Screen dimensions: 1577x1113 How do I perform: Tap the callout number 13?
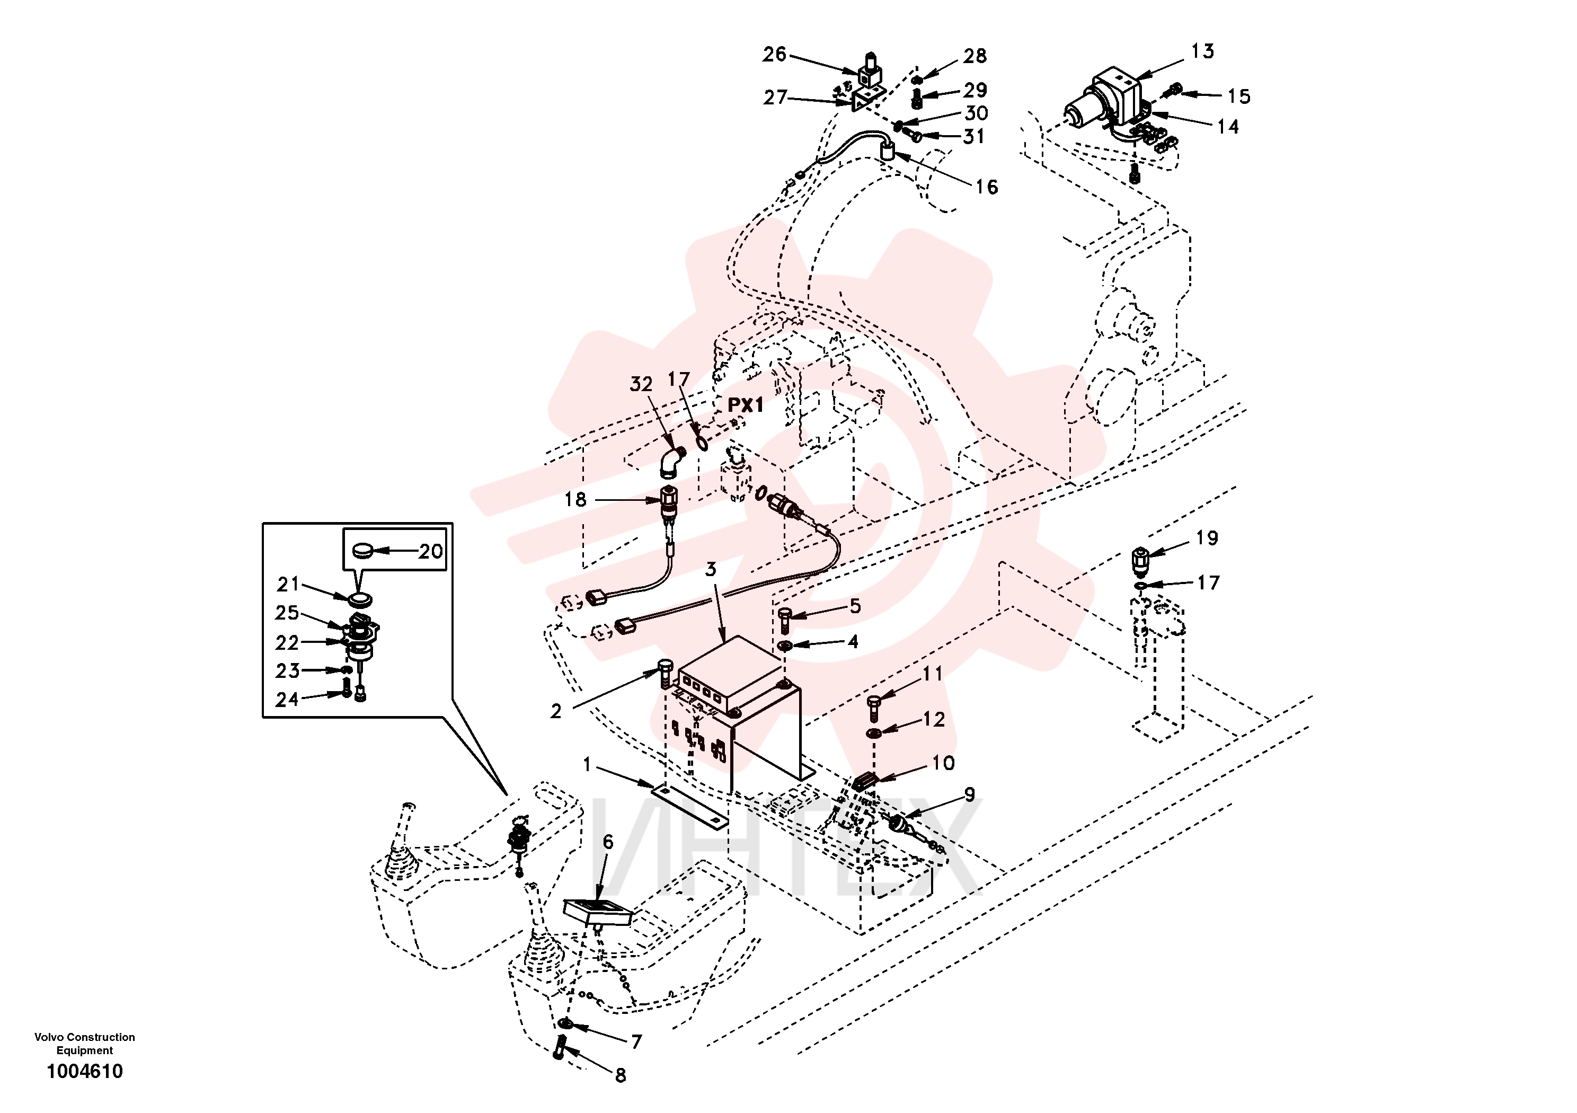[x=1202, y=51]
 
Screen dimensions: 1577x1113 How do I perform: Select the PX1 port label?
[x=745, y=405]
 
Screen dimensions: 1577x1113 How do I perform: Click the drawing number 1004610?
[x=84, y=1071]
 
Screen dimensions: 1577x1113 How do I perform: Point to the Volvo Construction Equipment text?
[x=84, y=1044]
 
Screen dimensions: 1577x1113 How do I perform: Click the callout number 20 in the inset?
[x=431, y=551]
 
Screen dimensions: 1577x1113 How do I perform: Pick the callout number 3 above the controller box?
[x=711, y=569]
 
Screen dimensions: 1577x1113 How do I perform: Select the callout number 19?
[x=1207, y=538]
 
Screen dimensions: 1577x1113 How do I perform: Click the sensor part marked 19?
[x=1140, y=561]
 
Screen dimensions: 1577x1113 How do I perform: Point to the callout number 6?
[x=608, y=842]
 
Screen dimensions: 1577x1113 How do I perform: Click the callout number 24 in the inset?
[x=287, y=700]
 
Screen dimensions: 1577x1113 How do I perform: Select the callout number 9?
[x=969, y=795]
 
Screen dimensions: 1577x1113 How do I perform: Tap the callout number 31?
[x=974, y=136]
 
